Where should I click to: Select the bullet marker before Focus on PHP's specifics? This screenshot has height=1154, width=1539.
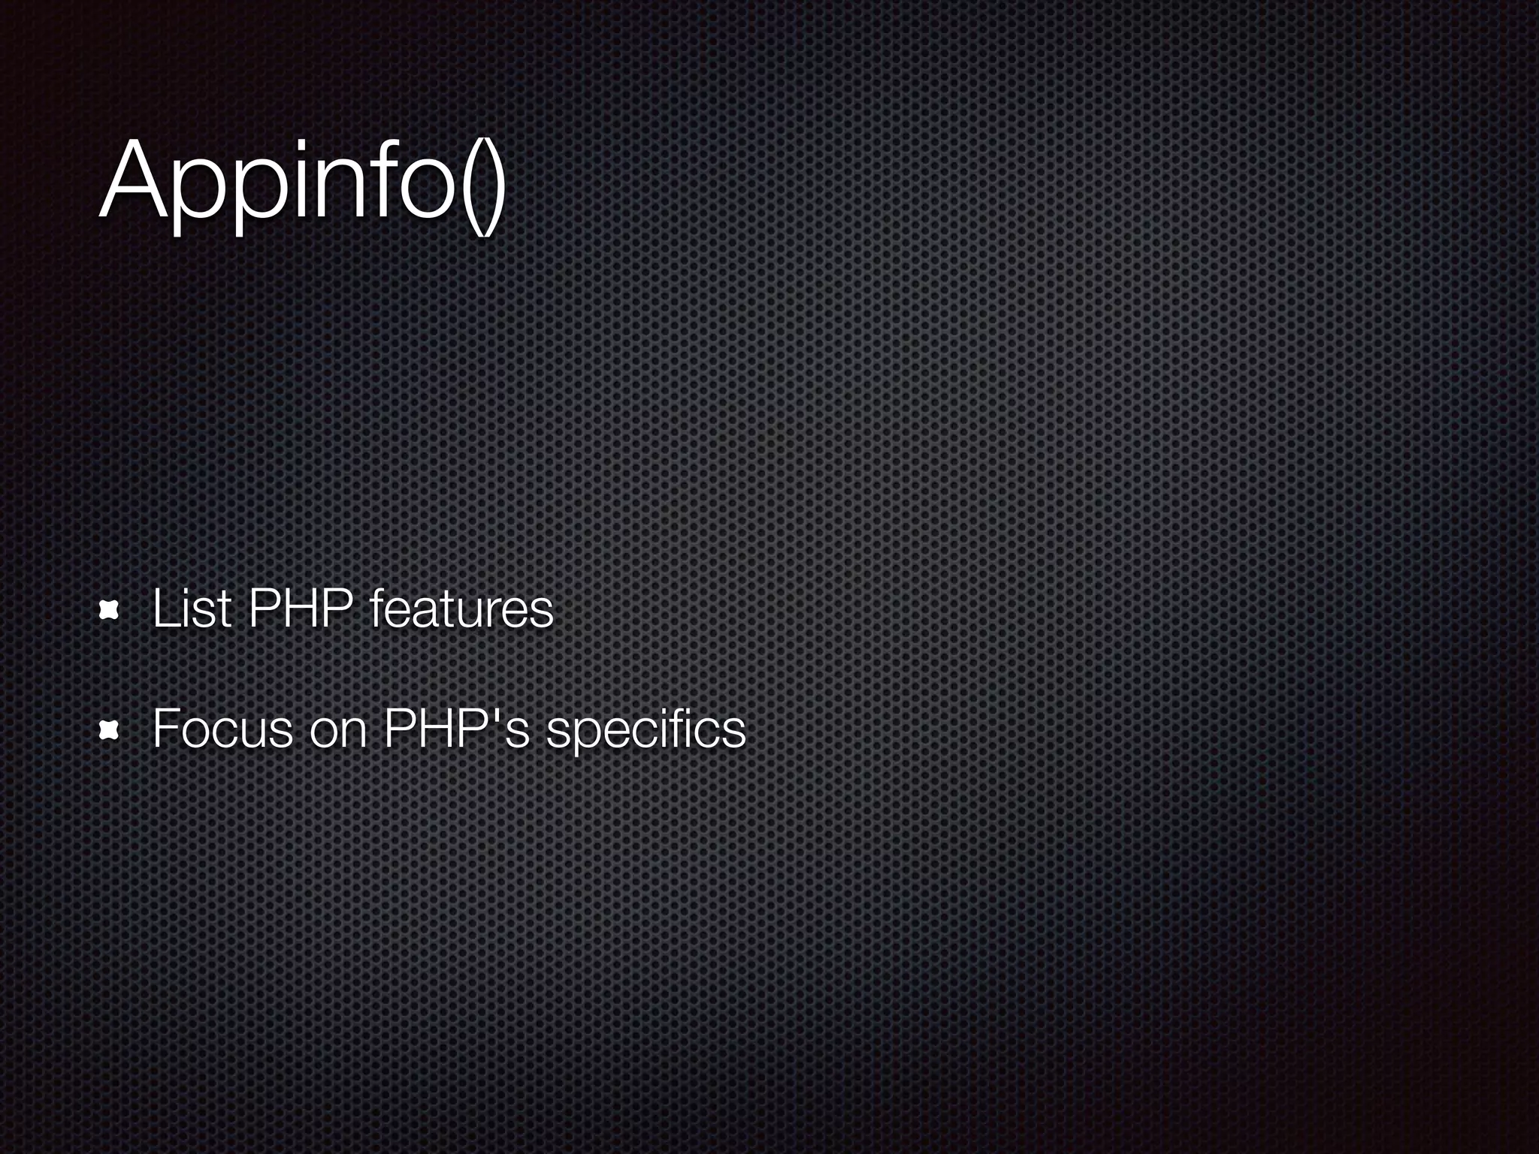(x=110, y=728)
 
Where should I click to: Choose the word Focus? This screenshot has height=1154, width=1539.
(x=222, y=728)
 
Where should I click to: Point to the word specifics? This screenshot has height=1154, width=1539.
(x=646, y=730)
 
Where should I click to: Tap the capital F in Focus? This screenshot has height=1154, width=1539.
(x=164, y=728)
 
